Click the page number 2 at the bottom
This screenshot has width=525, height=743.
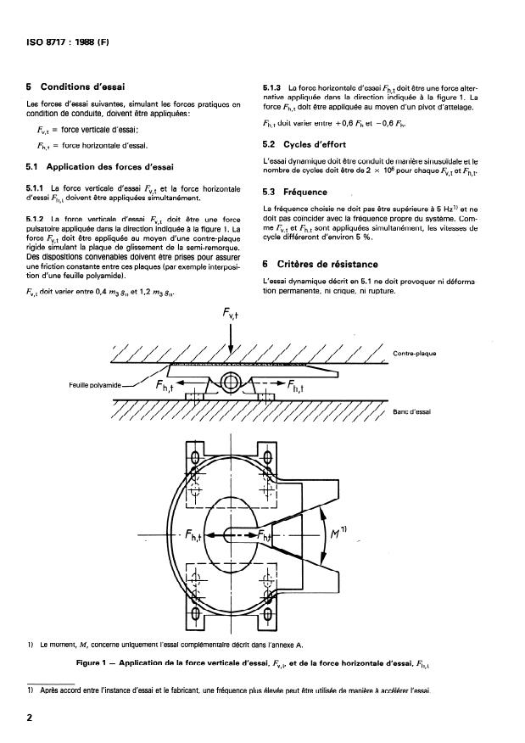31,717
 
